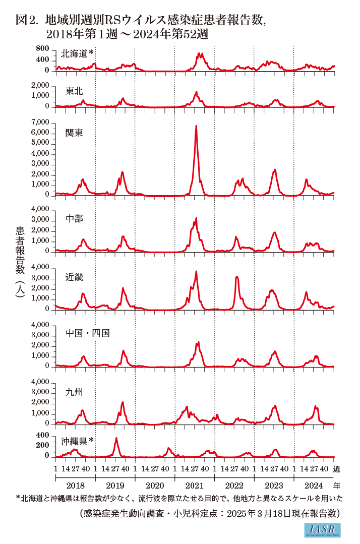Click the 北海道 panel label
click(x=75, y=53)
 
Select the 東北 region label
click(x=74, y=91)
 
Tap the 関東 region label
click(x=74, y=133)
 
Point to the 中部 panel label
click(x=74, y=219)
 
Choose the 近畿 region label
click(x=74, y=277)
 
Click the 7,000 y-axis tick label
click(x=41, y=123)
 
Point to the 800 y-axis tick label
click(x=43, y=48)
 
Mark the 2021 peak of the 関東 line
click(x=196, y=126)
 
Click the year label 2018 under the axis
click(x=75, y=486)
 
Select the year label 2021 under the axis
click(x=194, y=486)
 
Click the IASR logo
click(x=323, y=530)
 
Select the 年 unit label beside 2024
click(x=337, y=486)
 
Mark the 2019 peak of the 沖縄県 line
click(x=116, y=438)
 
